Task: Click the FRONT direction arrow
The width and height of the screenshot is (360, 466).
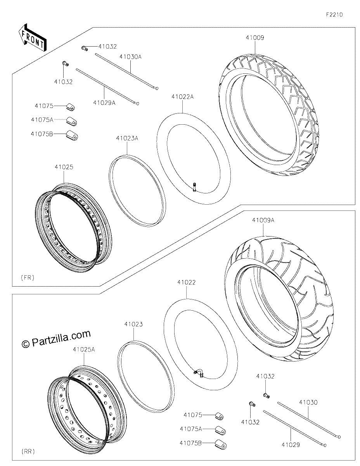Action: click(32, 37)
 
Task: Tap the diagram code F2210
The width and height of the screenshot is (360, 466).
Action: click(334, 15)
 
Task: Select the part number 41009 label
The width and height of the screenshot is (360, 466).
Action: click(255, 38)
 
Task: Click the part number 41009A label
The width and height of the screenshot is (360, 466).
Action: click(263, 220)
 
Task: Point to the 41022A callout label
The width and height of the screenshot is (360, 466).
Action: click(182, 97)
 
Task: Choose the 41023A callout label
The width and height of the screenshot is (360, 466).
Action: click(127, 138)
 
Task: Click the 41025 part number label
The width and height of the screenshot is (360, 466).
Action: click(64, 167)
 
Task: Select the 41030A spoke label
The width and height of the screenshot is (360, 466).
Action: click(130, 57)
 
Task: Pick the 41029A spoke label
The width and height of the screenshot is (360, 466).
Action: click(104, 103)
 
